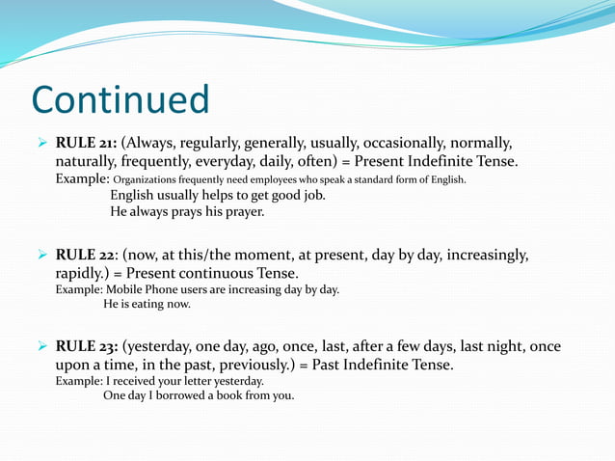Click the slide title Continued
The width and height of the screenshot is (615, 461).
[x=120, y=99]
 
